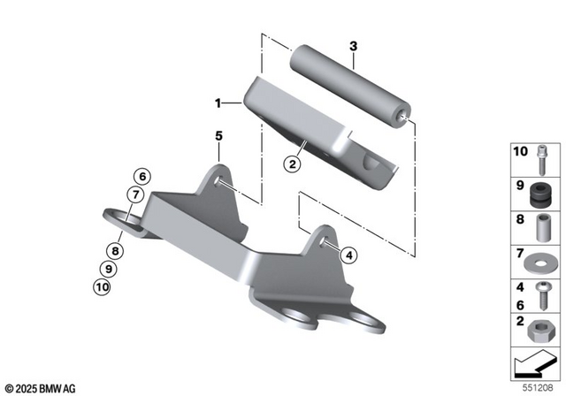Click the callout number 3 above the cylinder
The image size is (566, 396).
coord(353,45)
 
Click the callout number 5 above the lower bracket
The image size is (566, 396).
coord(218,135)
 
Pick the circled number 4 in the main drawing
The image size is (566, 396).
coord(348,255)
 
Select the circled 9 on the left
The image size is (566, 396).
coord(109,268)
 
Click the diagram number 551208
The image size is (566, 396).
coord(538,387)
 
